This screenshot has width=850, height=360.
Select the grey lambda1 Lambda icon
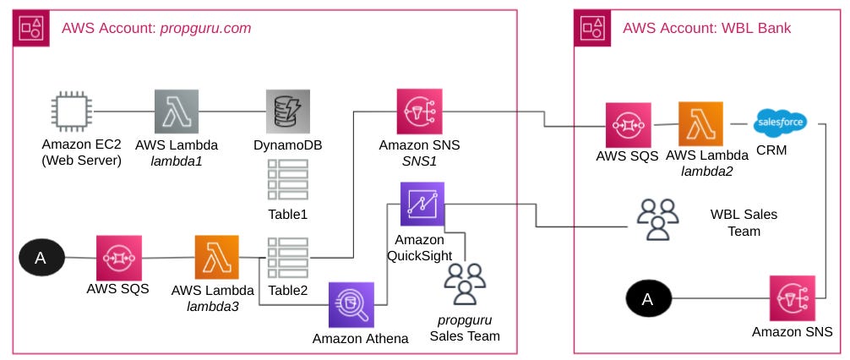(x=177, y=112)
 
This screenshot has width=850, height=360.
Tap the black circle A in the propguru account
(x=40, y=258)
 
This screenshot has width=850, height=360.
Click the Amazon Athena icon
(x=349, y=304)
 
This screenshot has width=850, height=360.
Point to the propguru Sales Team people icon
(x=465, y=284)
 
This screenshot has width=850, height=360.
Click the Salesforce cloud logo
(x=779, y=122)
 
